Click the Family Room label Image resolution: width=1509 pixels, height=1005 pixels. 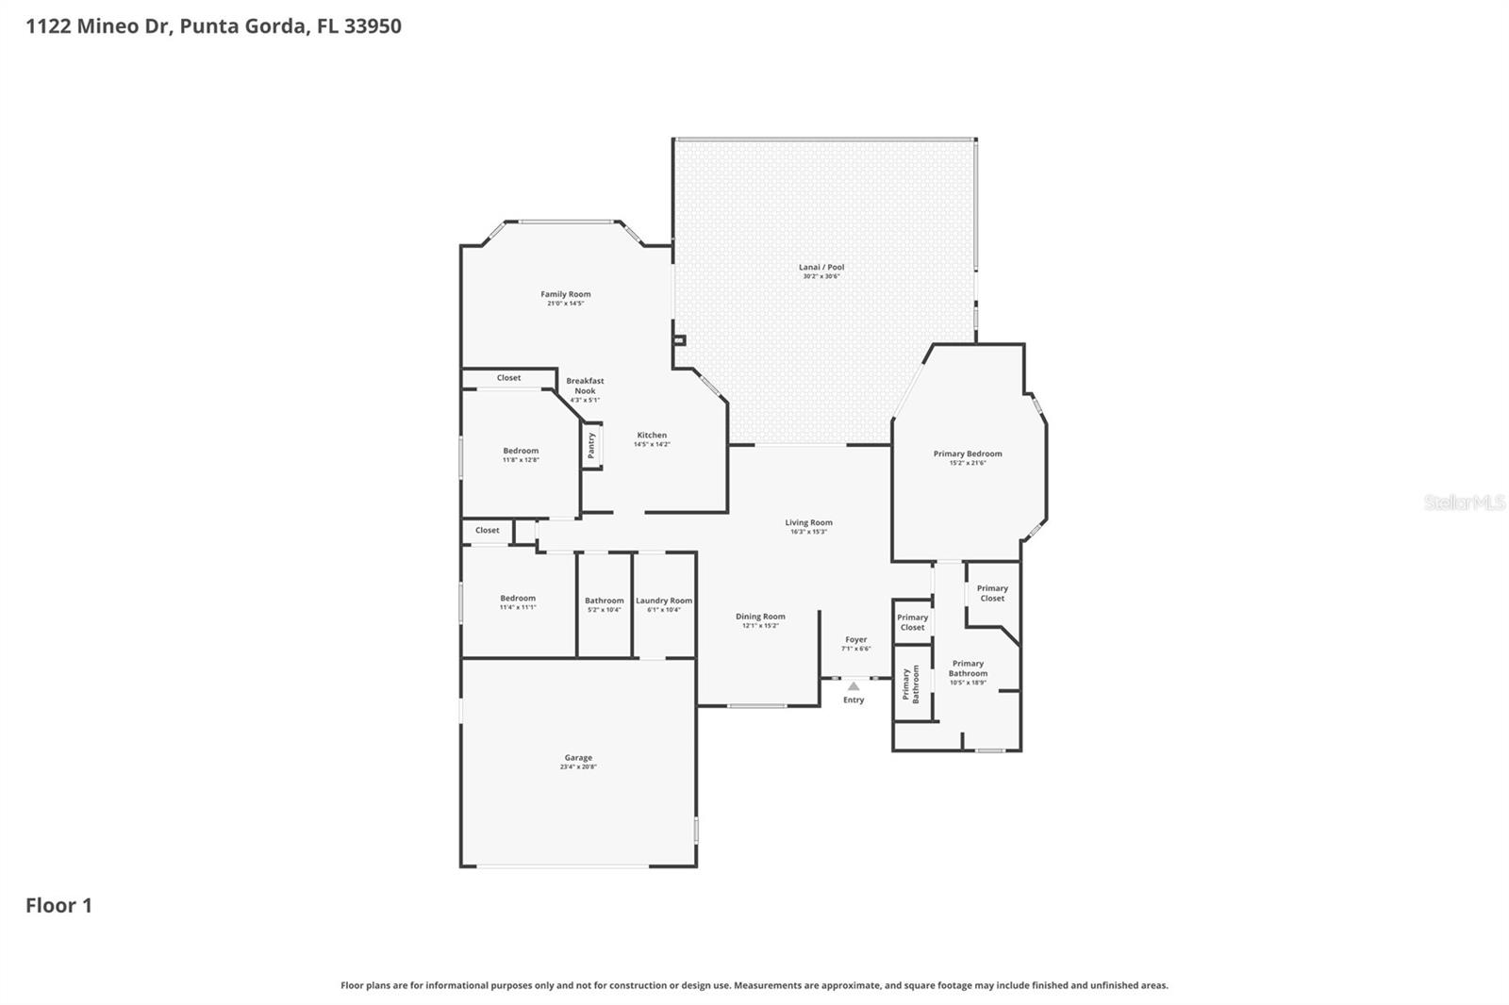[x=566, y=294]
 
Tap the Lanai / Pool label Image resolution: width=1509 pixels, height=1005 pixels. [x=821, y=267]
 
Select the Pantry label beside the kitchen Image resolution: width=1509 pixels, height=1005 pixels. [x=591, y=446]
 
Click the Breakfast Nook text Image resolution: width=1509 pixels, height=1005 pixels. [x=585, y=386]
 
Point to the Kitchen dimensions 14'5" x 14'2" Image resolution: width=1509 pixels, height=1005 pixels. [x=652, y=444]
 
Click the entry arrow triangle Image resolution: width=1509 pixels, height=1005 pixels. [x=854, y=686]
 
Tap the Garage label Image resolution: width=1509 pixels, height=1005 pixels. [x=578, y=757]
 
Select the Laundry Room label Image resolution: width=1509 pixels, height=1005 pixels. [x=664, y=601]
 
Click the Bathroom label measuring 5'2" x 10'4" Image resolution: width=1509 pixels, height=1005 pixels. [x=604, y=601]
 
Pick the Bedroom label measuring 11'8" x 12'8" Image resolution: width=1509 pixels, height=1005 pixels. [x=521, y=451]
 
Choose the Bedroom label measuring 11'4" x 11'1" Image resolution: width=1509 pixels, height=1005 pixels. [x=518, y=598]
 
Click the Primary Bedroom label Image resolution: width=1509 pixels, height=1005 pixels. [x=968, y=453]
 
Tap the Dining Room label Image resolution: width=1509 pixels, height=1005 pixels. [x=760, y=617]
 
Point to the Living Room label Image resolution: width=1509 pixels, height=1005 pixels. [x=808, y=522]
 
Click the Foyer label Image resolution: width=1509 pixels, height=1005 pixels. [x=855, y=639]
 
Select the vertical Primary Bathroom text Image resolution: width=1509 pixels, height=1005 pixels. [x=910, y=684]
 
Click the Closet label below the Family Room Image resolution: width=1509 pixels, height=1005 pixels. [x=508, y=378]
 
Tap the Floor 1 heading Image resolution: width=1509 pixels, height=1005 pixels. [x=58, y=905]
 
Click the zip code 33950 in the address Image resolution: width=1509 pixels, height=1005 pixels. [x=373, y=25]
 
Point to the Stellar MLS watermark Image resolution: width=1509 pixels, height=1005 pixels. [x=1464, y=502]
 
